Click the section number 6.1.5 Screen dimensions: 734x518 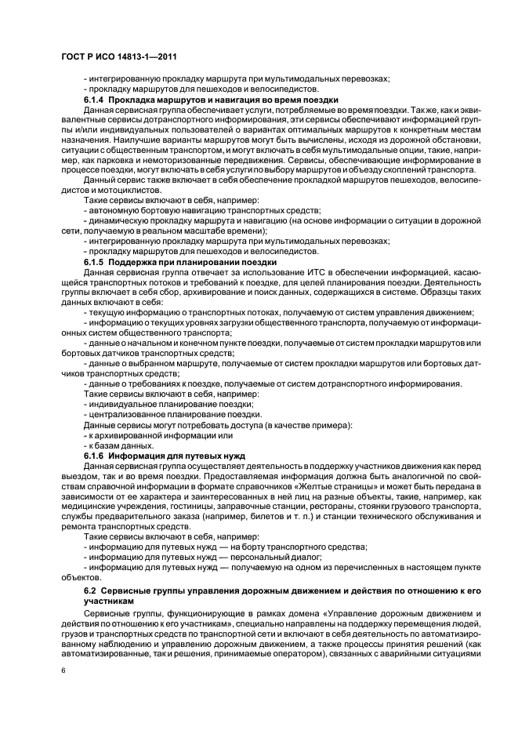tap(95, 261)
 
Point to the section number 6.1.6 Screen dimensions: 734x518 tap(95, 455)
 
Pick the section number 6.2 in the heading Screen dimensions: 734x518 tap(90, 588)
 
